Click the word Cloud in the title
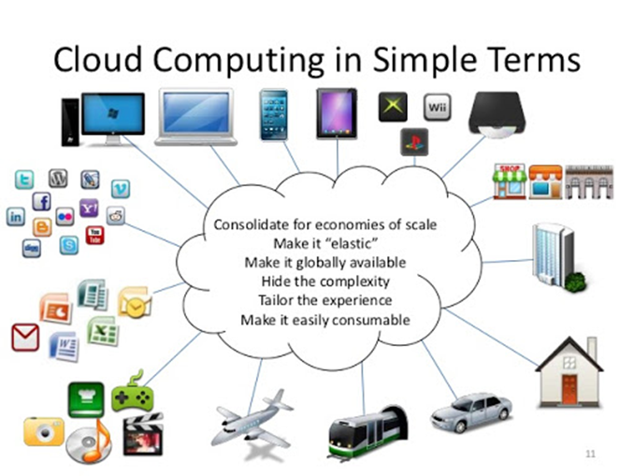[98, 60]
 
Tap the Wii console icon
[438, 108]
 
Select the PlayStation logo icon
[414, 142]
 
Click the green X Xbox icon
[393, 107]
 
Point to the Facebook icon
[41, 201]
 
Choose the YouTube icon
[95, 235]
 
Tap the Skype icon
[69, 245]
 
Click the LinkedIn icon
[16, 217]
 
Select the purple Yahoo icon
[89, 209]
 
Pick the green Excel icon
[103, 330]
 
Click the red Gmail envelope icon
[25, 338]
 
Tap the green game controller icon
[133, 392]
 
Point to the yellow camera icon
[44, 431]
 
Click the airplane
[252, 421]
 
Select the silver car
[471, 412]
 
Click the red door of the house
[569, 389]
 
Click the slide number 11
[590, 454]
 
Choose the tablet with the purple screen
[337, 114]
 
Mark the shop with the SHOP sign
[510, 181]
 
